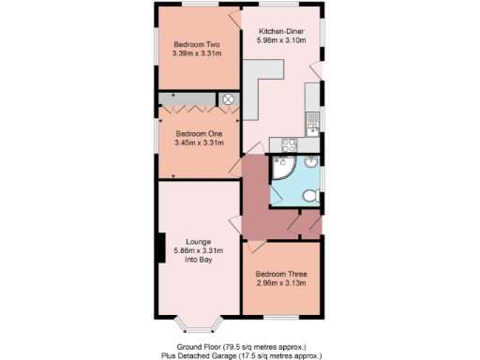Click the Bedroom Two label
[x=197, y=44]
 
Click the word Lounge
[x=197, y=241]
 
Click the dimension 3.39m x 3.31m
[x=197, y=53]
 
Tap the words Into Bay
[x=197, y=260]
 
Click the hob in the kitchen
[x=290, y=144]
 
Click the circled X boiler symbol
[x=226, y=98]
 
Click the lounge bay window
[x=199, y=324]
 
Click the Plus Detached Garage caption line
[x=240, y=356]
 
